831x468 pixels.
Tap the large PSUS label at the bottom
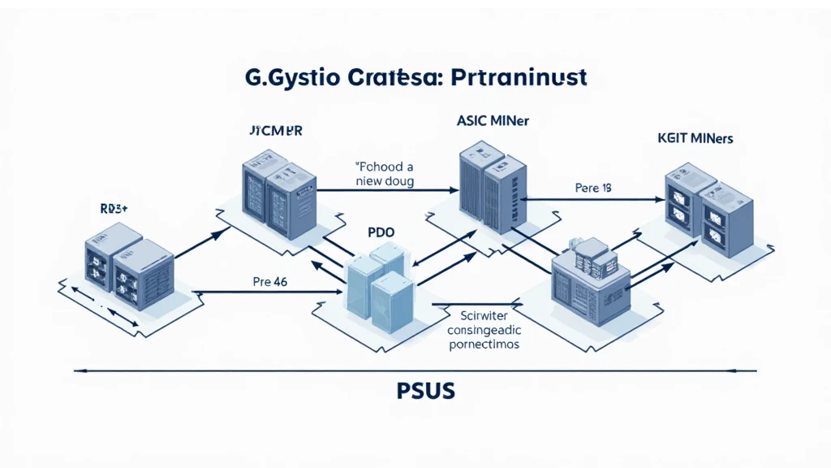(415, 391)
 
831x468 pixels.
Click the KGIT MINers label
(695, 138)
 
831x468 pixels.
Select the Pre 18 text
(592, 188)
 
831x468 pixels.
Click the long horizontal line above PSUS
(415, 370)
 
